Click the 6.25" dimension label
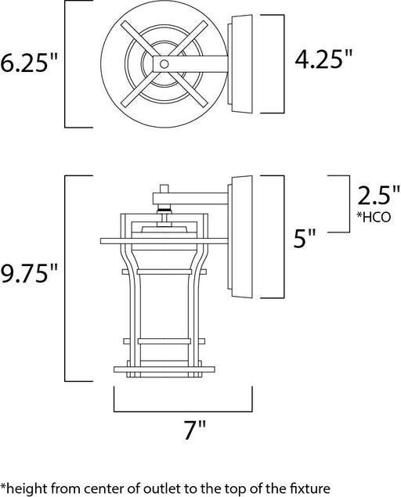(x=28, y=62)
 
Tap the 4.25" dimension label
(x=323, y=59)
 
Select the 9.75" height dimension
(x=29, y=273)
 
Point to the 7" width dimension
(x=195, y=430)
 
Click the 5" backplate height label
(x=305, y=239)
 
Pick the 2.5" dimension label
(x=378, y=196)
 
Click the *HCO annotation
(x=374, y=217)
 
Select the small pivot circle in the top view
(x=164, y=64)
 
